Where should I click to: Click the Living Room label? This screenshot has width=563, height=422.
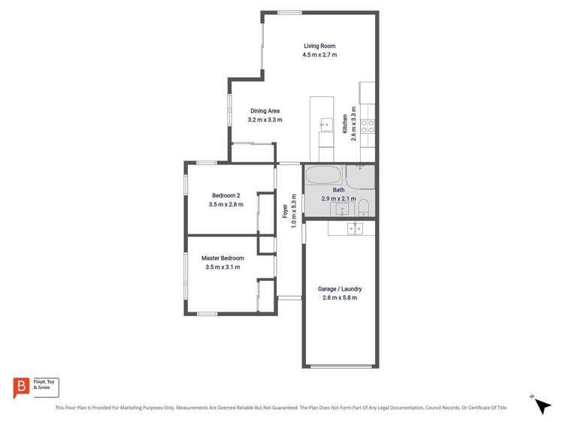pyautogui.click(x=319, y=46)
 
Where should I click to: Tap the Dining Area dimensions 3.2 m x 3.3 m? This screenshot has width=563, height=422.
pyautogui.click(x=265, y=120)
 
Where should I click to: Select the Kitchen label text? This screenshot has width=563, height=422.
pyautogui.click(x=345, y=124)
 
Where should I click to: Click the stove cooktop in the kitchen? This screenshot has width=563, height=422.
pyautogui.click(x=368, y=126)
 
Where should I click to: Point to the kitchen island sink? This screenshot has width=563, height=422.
pyautogui.click(x=325, y=124)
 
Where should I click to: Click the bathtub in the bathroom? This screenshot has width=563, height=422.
pyautogui.click(x=323, y=177)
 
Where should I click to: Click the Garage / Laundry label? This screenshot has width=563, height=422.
pyautogui.click(x=340, y=289)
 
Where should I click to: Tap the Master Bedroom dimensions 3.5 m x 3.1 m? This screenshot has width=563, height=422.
pyautogui.click(x=222, y=267)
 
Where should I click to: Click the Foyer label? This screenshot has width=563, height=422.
pyautogui.click(x=285, y=212)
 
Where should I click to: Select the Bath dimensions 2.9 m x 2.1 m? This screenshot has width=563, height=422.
pyautogui.click(x=338, y=199)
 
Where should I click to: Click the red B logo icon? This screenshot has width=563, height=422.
pyautogui.click(x=21, y=387)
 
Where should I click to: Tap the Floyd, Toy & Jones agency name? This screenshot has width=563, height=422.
pyautogui.click(x=45, y=384)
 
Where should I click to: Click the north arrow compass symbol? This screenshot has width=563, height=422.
pyautogui.click(x=541, y=405)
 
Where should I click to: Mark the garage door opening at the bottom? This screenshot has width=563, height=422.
pyautogui.click(x=341, y=366)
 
